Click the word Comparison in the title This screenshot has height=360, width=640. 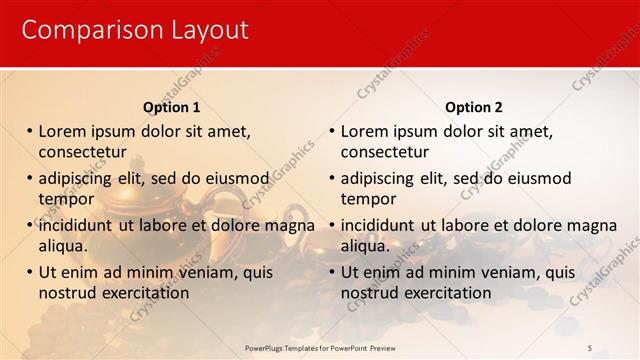pyautogui.click(x=82, y=31)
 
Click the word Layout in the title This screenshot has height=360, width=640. pyautogui.click(x=199, y=31)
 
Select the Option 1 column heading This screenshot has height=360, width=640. pyautogui.click(x=172, y=107)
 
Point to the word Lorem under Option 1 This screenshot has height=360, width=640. pyautogui.click(x=62, y=131)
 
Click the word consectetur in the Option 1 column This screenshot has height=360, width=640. pyautogui.click(x=82, y=152)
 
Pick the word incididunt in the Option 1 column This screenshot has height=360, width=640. pyautogui.click(x=75, y=225)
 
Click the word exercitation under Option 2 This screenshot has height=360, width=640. pyautogui.click(x=441, y=293)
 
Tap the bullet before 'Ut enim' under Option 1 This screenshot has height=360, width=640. pyautogui.click(x=30, y=272)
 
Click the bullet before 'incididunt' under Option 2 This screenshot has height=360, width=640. pyautogui.click(x=332, y=225)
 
